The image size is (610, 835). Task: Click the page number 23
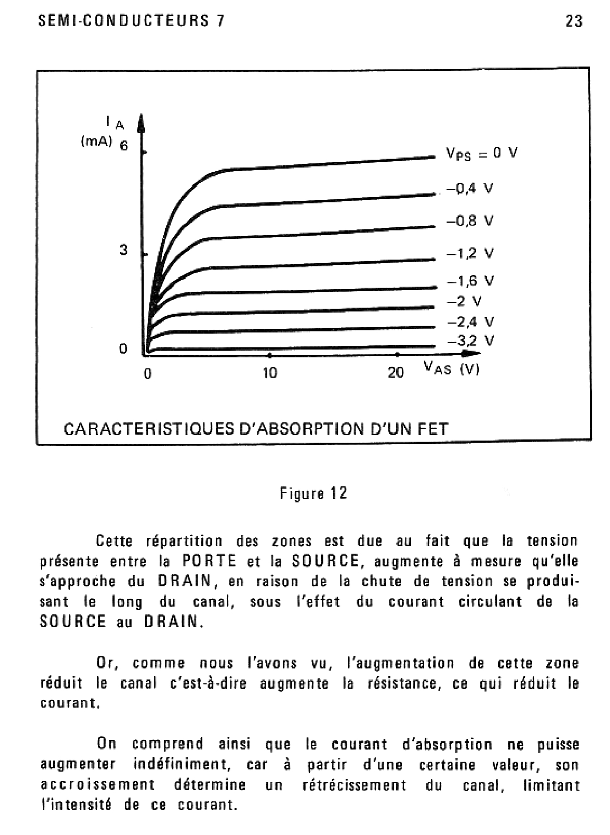tap(573, 21)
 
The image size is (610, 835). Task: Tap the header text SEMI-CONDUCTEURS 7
tap(131, 21)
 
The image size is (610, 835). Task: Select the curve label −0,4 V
tap(470, 189)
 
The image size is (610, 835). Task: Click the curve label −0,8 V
tap(470, 221)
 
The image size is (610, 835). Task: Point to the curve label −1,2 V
tap(470, 253)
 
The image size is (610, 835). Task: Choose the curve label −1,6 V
tap(470, 281)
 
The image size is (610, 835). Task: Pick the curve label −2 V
tap(464, 301)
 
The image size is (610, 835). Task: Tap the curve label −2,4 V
tap(470, 322)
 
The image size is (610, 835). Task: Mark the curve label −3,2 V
tap(470, 341)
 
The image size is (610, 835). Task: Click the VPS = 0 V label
tap(481, 153)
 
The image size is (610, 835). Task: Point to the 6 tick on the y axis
tap(124, 146)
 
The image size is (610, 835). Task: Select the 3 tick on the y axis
tap(124, 250)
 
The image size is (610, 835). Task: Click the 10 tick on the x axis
tap(270, 373)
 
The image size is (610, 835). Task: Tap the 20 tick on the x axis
tap(395, 373)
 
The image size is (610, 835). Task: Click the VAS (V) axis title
tap(451, 368)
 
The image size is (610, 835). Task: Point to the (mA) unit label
tap(97, 142)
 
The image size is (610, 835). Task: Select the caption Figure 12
tap(313, 493)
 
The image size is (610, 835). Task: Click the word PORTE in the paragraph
tap(209, 561)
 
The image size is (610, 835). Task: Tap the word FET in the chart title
tap(433, 429)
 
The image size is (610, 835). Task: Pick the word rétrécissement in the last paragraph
tap(354, 785)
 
